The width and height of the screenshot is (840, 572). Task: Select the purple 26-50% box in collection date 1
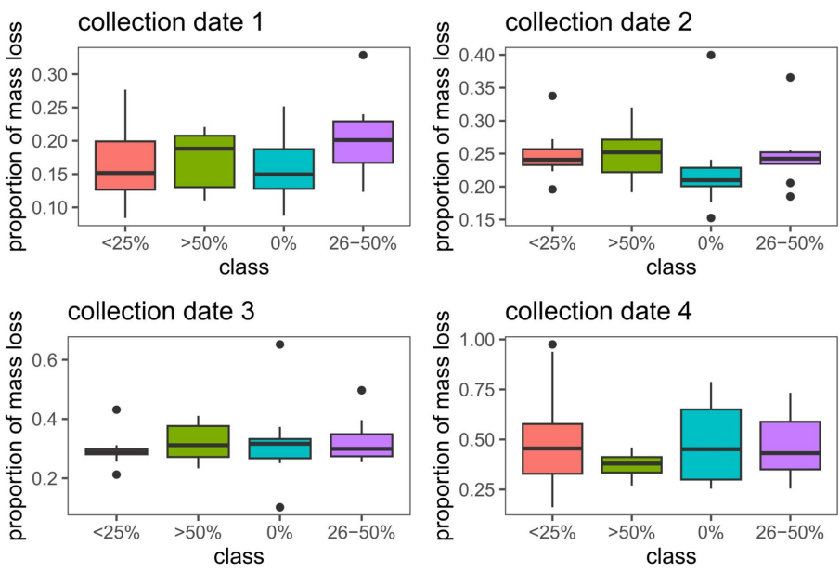(x=363, y=142)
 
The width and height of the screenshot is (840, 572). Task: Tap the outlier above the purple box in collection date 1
(x=363, y=55)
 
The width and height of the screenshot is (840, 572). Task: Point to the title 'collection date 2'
(x=593, y=21)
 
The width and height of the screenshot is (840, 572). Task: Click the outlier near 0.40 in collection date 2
(x=711, y=55)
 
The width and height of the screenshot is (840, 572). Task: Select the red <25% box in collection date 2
(x=551, y=157)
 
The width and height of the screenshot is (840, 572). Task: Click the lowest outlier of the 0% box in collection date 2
(x=711, y=218)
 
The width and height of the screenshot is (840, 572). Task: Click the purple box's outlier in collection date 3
(x=363, y=390)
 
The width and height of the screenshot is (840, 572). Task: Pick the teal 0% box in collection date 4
(x=711, y=444)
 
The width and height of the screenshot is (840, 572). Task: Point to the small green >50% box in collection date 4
(x=631, y=464)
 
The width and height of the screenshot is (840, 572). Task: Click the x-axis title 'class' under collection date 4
(x=671, y=557)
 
